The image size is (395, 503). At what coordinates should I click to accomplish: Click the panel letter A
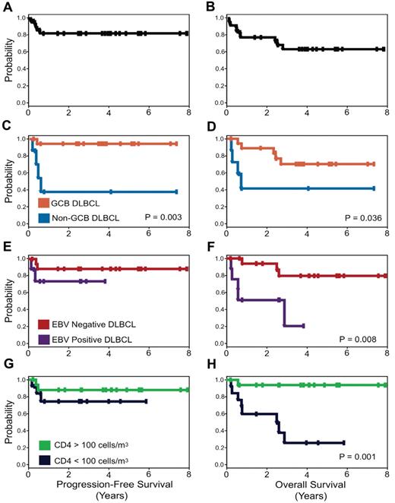tap(8, 6)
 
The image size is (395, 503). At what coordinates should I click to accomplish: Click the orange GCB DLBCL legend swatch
tap(43, 204)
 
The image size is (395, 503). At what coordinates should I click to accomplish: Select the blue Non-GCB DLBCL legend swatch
tap(43, 219)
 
